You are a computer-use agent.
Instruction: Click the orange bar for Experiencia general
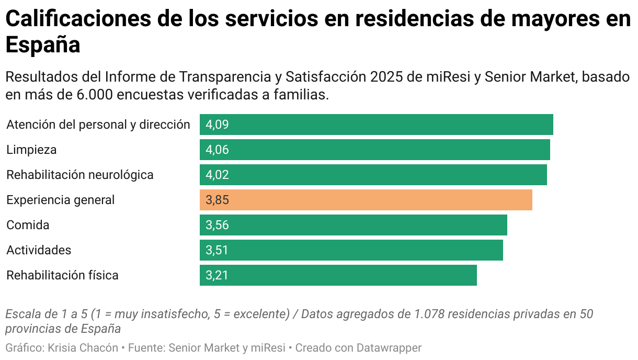(366, 200)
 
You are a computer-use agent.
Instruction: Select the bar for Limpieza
(374, 150)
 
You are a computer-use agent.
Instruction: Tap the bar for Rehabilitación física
(338, 275)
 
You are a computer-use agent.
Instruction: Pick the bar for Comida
(353, 225)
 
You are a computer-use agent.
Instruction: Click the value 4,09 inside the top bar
(217, 125)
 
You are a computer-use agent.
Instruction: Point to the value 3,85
(217, 200)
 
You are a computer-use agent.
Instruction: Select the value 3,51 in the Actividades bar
(217, 250)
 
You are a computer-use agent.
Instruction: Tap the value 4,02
(217, 175)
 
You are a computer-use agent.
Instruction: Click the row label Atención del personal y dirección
(98, 125)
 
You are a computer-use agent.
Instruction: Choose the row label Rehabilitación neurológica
(80, 175)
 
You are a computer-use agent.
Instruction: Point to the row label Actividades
(39, 250)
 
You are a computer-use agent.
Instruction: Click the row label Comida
(28, 225)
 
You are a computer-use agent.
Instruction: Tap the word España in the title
(42, 45)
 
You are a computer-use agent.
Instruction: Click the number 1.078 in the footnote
(428, 314)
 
